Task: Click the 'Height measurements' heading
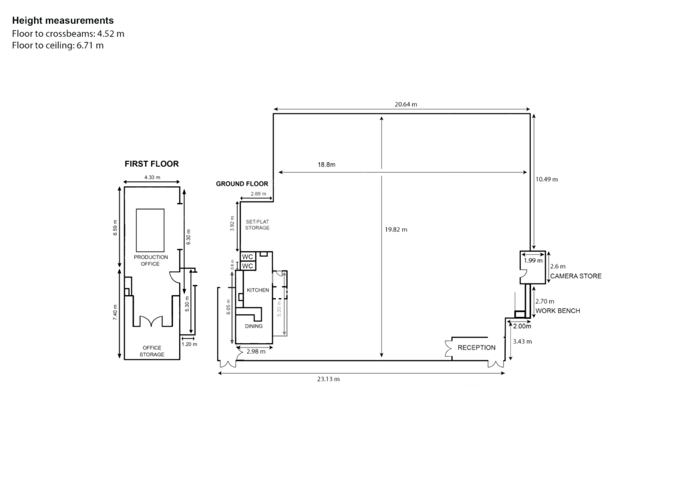63,21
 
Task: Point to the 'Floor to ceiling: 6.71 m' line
57,45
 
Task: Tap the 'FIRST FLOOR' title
152,163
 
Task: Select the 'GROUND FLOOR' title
242,183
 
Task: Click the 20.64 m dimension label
405,105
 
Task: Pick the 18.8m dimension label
326,165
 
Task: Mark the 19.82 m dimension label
396,229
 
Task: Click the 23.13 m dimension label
329,379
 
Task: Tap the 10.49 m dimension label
546,179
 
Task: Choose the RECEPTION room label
476,348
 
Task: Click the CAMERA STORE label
576,276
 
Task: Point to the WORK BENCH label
558,310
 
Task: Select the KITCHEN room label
258,290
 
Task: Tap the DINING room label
253,326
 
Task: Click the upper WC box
248,257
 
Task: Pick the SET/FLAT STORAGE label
257,225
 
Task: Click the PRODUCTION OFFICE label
150,260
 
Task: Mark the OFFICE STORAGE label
152,351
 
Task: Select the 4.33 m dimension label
152,177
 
